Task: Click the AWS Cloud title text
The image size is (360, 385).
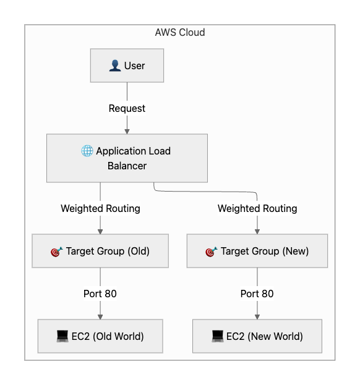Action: point(180,32)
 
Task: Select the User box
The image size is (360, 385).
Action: point(127,66)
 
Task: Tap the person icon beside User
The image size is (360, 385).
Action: point(115,66)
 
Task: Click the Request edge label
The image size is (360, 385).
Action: point(127,108)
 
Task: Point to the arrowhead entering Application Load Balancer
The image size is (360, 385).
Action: point(127,132)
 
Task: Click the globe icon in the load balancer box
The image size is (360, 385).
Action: point(87,151)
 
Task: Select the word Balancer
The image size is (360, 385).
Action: point(127,166)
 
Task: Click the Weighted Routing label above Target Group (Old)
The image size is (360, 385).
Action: point(100,208)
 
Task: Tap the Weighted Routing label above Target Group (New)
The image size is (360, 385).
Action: point(257,208)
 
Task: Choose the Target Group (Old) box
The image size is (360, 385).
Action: point(100,251)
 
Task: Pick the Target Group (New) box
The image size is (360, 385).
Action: point(257,251)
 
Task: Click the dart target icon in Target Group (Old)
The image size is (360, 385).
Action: point(57,252)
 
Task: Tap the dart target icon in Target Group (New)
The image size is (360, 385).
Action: point(212,252)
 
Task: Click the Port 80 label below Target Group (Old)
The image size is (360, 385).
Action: point(100,294)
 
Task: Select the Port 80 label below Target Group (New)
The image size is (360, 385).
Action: point(257,294)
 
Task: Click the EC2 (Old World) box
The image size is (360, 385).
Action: point(100,336)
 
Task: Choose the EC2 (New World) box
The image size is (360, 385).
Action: point(257,336)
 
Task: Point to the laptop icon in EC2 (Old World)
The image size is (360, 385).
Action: point(62,336)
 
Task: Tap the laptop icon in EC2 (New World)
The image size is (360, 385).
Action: point(218,336)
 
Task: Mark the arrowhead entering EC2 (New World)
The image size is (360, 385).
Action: point(257,317)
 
